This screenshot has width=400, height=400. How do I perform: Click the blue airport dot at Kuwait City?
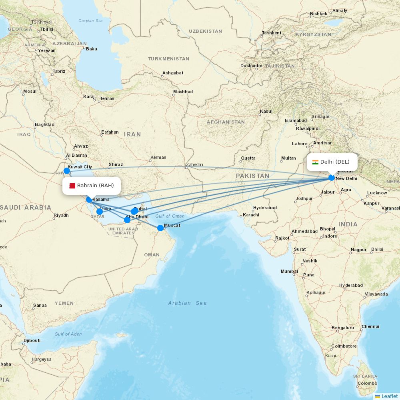67,171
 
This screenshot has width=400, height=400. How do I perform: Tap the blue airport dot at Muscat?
160,228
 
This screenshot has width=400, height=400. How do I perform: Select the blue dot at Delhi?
332,178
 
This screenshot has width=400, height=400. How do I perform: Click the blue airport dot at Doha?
100,212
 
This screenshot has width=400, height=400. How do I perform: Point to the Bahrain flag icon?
72,186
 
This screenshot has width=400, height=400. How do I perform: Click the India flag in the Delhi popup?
315,162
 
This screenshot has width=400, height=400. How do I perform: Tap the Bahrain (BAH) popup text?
96,186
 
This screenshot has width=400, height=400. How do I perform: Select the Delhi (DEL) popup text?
335,162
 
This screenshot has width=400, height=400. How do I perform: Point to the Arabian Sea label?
187,303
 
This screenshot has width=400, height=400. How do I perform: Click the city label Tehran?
107,98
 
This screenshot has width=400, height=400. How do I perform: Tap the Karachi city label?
251,215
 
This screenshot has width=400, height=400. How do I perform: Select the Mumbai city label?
289,271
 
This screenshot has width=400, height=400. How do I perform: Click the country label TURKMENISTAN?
168,59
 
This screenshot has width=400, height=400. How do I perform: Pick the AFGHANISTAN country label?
226,122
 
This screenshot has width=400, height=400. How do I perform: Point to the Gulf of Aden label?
68,334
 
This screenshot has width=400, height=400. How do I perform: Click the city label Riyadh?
61,215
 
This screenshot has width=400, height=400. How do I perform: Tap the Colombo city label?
367,383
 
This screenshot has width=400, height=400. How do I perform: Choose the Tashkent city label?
272,33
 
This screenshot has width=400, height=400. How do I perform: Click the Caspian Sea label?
92,21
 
